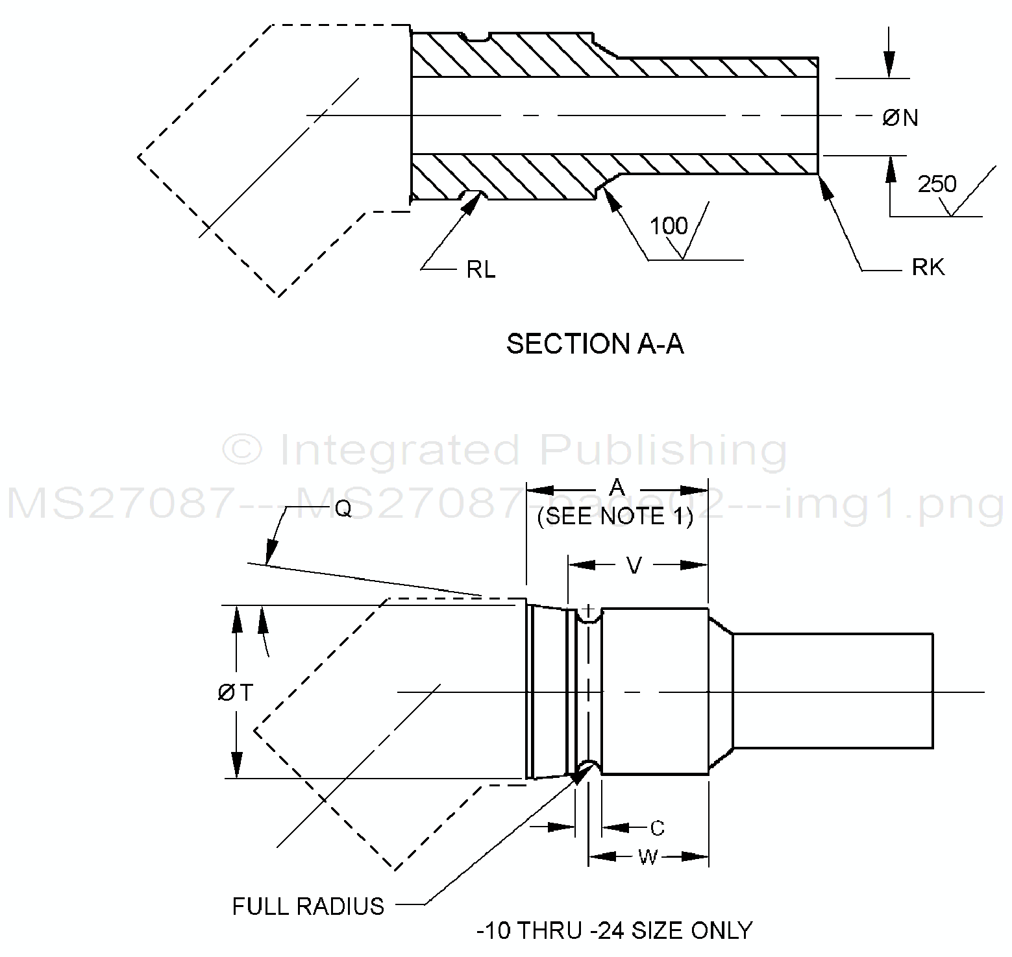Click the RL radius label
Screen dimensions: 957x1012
481,269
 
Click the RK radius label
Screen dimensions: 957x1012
928,267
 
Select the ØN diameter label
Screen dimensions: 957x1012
900,118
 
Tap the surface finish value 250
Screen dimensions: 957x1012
937,185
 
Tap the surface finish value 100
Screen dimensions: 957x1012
669,226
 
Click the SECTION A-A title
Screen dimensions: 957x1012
595,344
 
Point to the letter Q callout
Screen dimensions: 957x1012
344,509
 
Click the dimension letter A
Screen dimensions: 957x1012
617,487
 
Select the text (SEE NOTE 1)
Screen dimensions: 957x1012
615,516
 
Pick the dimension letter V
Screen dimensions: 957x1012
634,566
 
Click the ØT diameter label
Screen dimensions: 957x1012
235,693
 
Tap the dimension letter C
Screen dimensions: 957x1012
658,829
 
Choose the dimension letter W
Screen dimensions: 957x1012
647,858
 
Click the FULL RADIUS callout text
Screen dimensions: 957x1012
308,906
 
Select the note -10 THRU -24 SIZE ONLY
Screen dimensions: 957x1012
614,931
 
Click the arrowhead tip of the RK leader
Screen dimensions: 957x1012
820,176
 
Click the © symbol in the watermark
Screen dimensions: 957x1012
241,450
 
